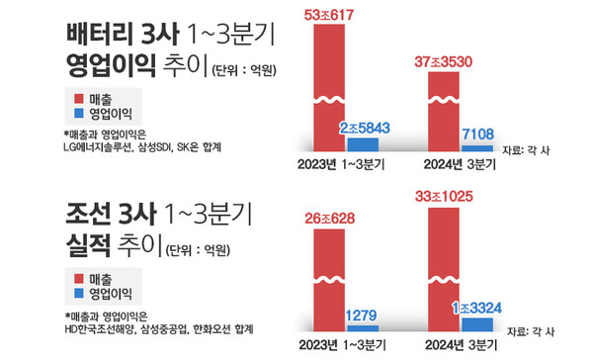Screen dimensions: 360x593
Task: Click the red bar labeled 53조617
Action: coord(331,84)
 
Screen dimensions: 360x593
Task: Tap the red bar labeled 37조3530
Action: coord(442,109)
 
